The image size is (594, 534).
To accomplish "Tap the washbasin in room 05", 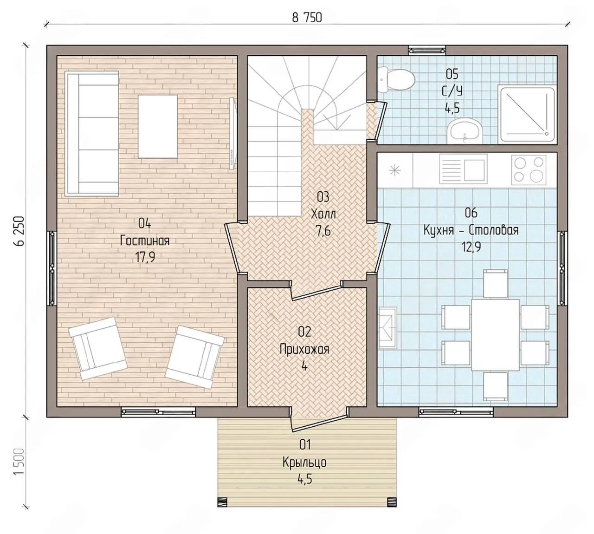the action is [465, 131].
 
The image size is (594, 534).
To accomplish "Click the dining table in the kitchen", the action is [495, 335].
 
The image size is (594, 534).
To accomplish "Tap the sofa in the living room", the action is [92, 134].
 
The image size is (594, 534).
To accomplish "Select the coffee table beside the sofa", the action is [158, 126].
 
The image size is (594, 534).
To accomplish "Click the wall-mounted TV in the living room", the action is [232, 134].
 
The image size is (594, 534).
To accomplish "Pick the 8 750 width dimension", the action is [307, 18].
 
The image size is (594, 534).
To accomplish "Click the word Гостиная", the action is [145, 241].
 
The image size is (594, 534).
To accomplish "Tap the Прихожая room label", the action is [304, 349].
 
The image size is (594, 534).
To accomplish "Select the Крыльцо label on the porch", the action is [304, 462].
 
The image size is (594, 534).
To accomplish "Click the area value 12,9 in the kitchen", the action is [471, 247].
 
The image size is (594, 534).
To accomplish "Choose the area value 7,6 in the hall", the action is [323, 231].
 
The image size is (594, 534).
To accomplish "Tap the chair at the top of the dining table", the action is [495, 284].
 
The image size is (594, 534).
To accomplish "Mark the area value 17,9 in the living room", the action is [145, 257].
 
